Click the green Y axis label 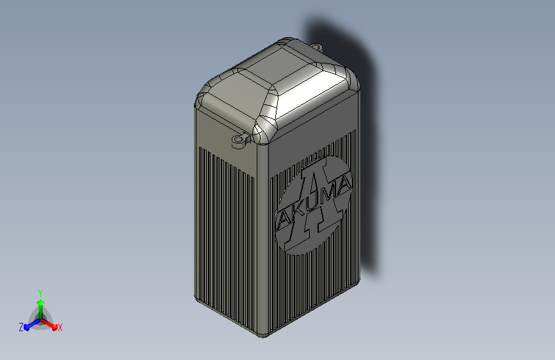click(40, 293)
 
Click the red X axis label click(60, 327)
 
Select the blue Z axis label click(21, 327)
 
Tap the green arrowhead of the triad click(41, 302)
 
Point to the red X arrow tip click(54, 327)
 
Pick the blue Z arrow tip click(27, 327)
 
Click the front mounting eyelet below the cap click(241, 141)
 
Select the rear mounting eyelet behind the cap click(317, 47)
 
